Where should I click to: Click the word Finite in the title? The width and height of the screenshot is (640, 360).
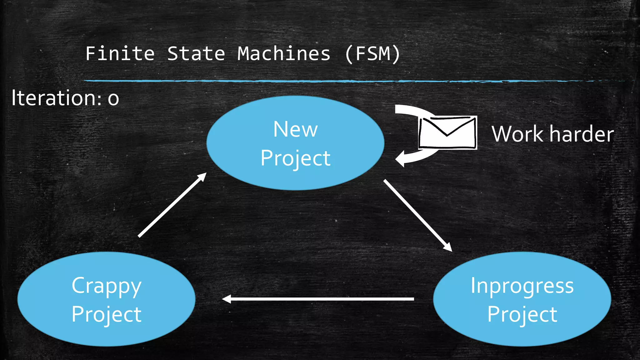click(120, 53)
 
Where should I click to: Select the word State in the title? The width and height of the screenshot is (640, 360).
click(196, 53)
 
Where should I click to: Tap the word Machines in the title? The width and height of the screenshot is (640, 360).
click(284, 53)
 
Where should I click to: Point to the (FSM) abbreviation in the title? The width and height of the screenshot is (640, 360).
click(372, 54)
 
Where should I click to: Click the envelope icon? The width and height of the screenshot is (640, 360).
click(447, 132)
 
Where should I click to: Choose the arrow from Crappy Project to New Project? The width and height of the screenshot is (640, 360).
click(172, 205)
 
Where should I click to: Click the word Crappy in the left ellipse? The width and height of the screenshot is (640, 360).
click(107, 286)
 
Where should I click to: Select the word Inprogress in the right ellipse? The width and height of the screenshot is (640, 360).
click(522, 286)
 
